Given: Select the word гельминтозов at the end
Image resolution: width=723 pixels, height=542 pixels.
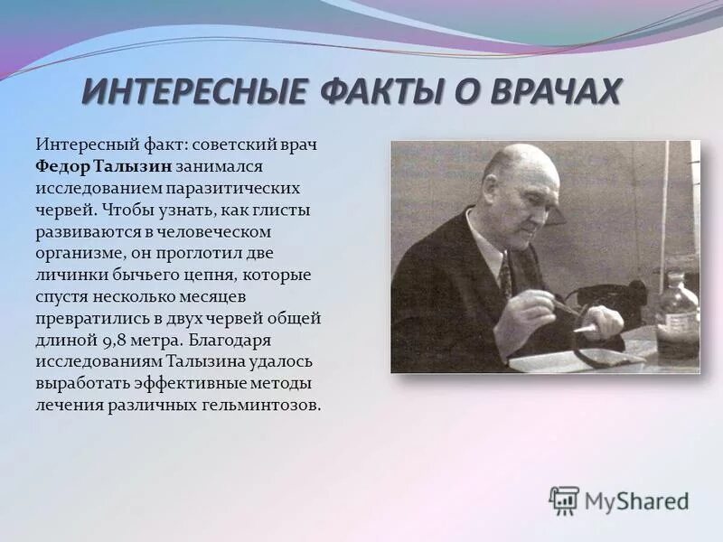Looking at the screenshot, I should [269, 405].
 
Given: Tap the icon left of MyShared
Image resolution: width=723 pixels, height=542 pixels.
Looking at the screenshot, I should [564, 500].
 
